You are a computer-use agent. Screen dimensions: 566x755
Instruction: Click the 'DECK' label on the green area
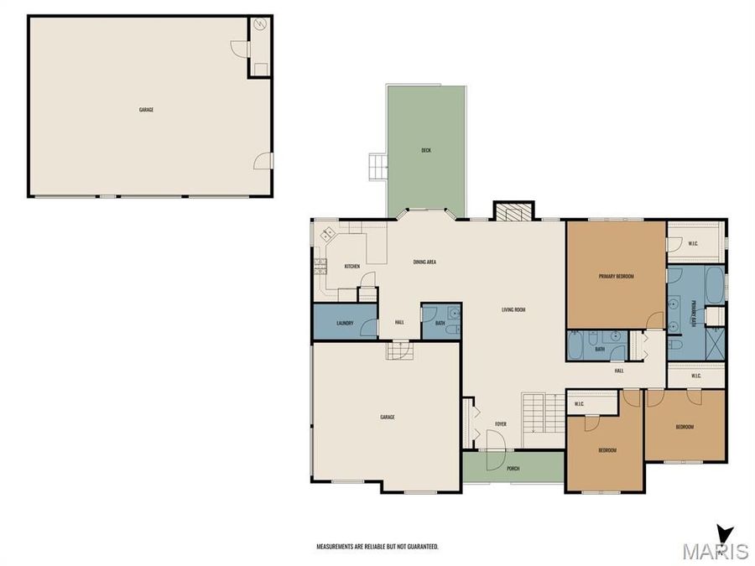point(426,151)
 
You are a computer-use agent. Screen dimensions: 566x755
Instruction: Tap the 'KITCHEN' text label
point(352,267)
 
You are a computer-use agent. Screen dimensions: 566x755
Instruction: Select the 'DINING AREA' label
point(424,262)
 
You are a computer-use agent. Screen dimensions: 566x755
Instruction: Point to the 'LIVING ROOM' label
point(513,310)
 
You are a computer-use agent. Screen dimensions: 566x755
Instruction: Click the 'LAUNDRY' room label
point(344,323)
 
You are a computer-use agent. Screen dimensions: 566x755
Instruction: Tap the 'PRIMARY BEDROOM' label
point(616,276)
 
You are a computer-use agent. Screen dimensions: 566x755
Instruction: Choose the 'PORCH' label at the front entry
point(513,469)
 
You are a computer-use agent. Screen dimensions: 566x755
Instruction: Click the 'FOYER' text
point(501,424)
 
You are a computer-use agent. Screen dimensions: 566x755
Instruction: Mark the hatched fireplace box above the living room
point(513,210)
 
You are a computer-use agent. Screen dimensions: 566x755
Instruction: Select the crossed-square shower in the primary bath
point(715,343)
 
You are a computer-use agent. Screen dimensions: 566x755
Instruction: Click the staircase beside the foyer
point(544,419)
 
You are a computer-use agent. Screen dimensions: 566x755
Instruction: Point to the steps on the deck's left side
point(377,167)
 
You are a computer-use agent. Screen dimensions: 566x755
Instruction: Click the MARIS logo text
point(716,552)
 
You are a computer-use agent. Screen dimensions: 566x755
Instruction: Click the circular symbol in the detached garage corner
point(260,26)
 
